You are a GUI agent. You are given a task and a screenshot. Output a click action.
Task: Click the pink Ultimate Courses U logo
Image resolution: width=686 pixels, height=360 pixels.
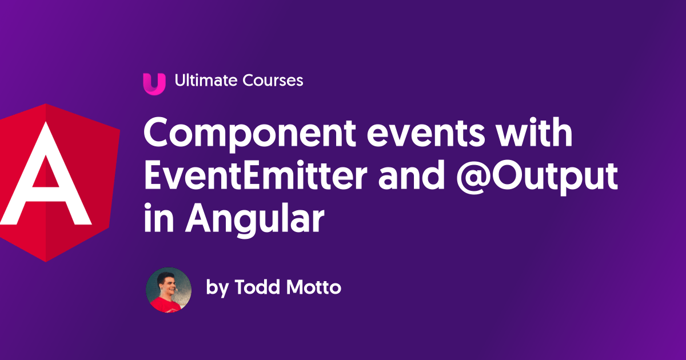pos(154,83)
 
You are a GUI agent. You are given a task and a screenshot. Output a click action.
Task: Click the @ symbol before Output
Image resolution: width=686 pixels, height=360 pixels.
pos(474,178)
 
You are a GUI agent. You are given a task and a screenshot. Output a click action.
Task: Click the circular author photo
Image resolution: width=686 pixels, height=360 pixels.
pos(168,290)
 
